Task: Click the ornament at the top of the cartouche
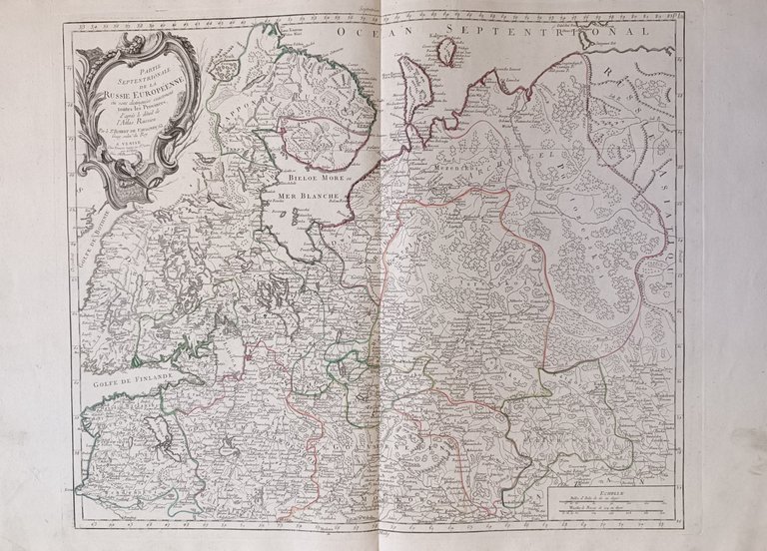point(140,39)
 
